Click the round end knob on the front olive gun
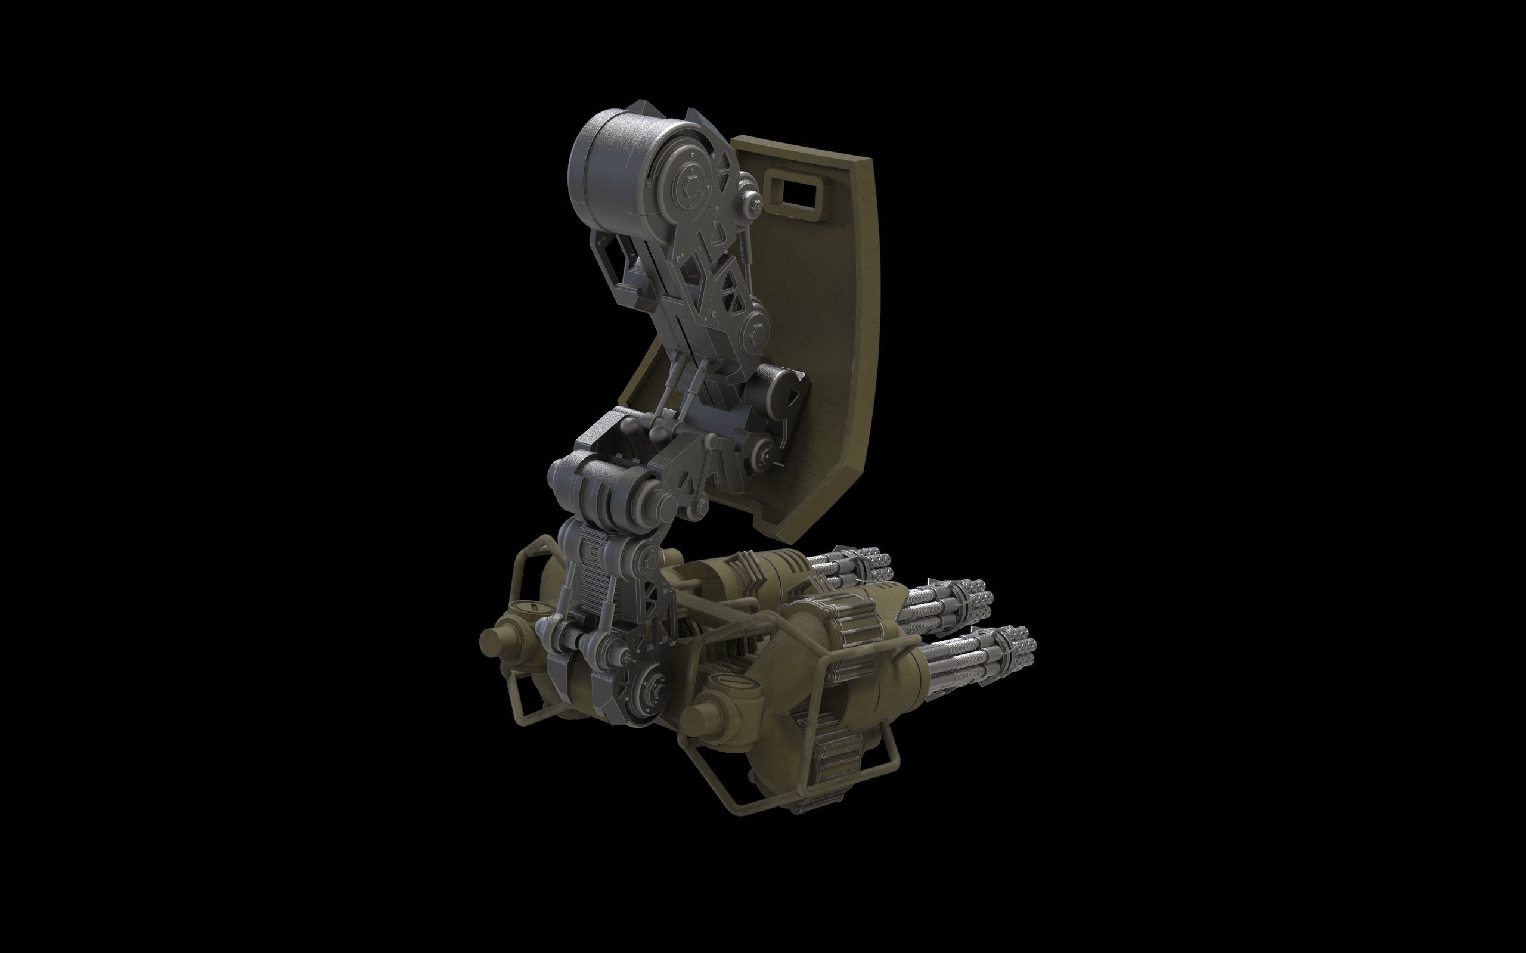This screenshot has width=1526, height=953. (697, 719)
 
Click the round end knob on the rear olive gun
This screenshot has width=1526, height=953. (492, 641)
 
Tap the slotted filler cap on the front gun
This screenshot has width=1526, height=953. (725, 682)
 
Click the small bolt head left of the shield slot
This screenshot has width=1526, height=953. (753, 203)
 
